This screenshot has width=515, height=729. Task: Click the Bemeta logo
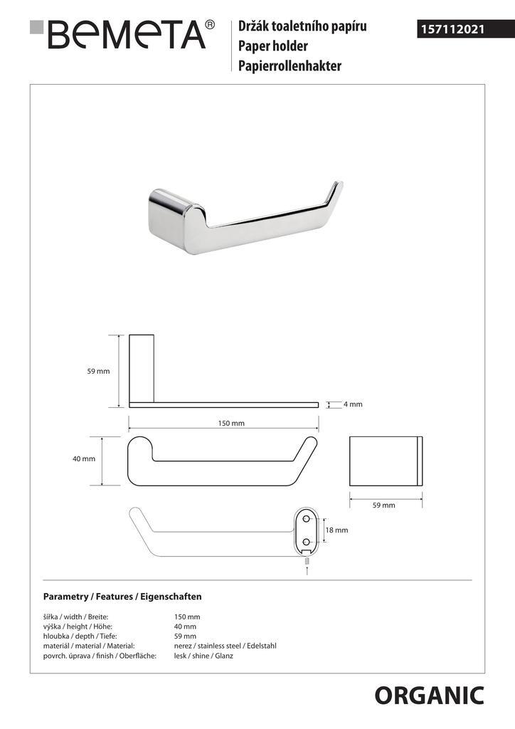(121, 34)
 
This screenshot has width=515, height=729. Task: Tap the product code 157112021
(452, 30)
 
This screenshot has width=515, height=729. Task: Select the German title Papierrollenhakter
(290, 66)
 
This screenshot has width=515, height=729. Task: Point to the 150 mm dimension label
(230, 423)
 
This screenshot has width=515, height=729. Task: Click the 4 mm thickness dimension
(352, 404)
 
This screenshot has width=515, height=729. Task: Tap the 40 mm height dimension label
(83, 459)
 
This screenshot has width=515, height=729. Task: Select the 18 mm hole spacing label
(336, 530)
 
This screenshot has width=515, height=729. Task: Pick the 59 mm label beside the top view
(98, 372)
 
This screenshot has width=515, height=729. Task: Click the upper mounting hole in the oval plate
(307, 519)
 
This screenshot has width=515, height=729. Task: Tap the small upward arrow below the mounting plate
(307, 569)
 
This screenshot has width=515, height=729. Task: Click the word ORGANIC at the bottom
(429, 696)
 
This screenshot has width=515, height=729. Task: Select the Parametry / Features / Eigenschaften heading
(122, 596)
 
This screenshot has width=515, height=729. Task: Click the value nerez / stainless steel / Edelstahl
(225, 646)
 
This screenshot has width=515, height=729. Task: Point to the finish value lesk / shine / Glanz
(203, 656)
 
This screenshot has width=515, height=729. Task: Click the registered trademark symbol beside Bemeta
(210, 25)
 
